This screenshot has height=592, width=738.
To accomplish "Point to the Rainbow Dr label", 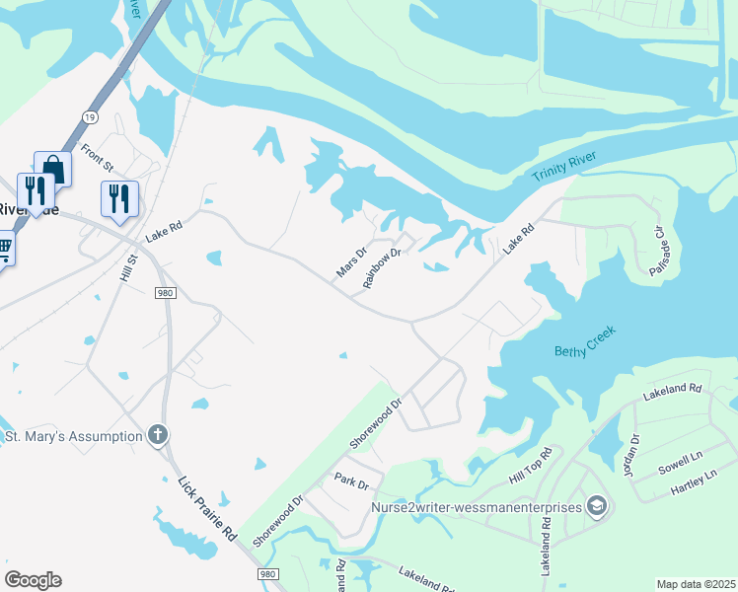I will click(382, 267).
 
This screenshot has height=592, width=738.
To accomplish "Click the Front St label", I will click(98, 156).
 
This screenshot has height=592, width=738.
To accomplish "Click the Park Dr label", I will click(350, 483).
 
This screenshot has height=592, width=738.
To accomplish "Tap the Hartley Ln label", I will click(693, 481).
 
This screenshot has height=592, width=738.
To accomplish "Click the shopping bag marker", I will click(52, 169).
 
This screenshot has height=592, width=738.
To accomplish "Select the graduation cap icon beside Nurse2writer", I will click(596, 508).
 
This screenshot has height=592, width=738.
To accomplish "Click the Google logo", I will click(33, 580).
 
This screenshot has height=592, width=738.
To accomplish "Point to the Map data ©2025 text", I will click(695, 584).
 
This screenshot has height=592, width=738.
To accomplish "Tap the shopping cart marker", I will click(5, 248).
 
